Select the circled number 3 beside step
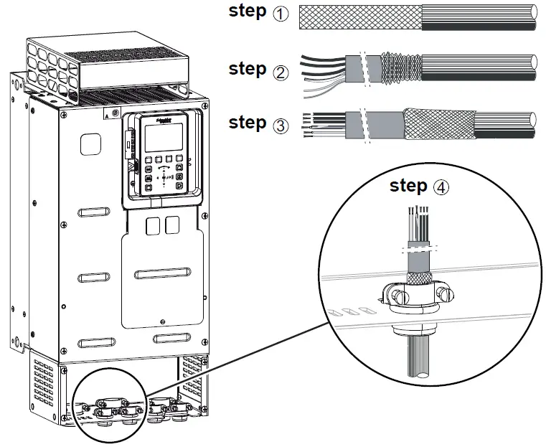click(x=280, y=125)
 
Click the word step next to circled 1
click(x=248, y=12)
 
